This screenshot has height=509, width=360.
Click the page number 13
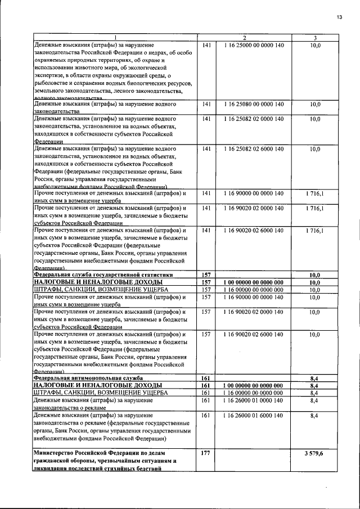[x=339, y=17]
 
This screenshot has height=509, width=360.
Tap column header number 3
[x=315, y=38]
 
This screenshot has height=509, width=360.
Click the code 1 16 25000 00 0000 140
[x=253, y=44]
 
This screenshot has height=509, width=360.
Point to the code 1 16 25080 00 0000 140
[x=253, y=104]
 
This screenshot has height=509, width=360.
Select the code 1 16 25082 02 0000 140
[x=253, y=119]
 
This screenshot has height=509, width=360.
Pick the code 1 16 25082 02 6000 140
[x=253, y=149]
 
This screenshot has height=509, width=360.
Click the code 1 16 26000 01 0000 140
[x=253, y=400]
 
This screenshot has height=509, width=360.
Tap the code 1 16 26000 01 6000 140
[x=253, y=415]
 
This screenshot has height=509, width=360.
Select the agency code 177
[x=205, y=453]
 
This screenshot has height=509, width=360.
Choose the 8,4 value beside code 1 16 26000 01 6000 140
[x=315, y=415]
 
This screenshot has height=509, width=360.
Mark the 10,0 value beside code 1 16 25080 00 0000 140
[x=315, y=104]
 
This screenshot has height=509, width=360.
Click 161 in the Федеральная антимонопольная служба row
[x=205, y=378]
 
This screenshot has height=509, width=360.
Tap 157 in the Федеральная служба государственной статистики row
[x=205, y=274]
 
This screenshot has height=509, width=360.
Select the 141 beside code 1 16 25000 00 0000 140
[x=205, y=44]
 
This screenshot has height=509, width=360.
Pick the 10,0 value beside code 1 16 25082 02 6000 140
[x=315, y=149]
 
